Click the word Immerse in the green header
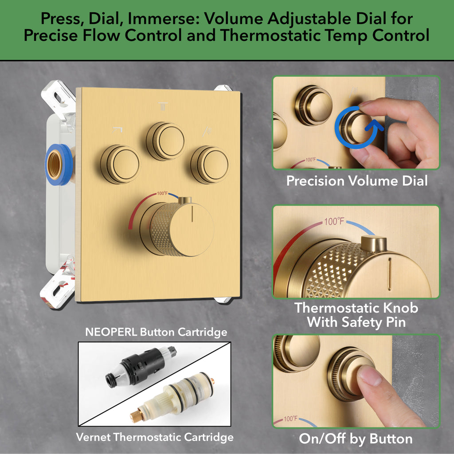163,19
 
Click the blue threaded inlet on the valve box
58,164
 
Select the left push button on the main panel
120,164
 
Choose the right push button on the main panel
210,165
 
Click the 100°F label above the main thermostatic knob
163,193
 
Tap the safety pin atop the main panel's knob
185,200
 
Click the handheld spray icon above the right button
207,131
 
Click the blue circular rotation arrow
358,127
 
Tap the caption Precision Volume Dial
357,181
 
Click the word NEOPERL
111,332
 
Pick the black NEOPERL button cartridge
141,366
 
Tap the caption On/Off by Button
356,438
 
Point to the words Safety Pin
373,322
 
